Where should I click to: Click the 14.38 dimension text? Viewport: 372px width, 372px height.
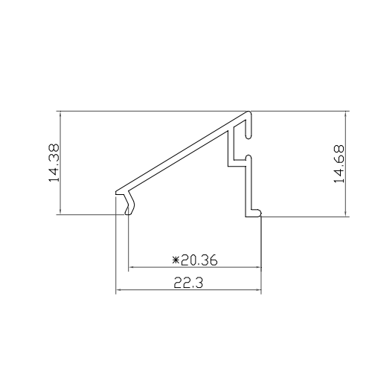[x=54, y=164]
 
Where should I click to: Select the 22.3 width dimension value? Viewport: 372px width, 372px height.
[x=190, y=283]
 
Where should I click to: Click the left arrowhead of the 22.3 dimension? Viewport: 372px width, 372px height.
[x=119, y=289]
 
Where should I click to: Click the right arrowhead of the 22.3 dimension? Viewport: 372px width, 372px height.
[x=260, y=289]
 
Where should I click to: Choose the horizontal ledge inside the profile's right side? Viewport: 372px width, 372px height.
[x=239, y=159]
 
